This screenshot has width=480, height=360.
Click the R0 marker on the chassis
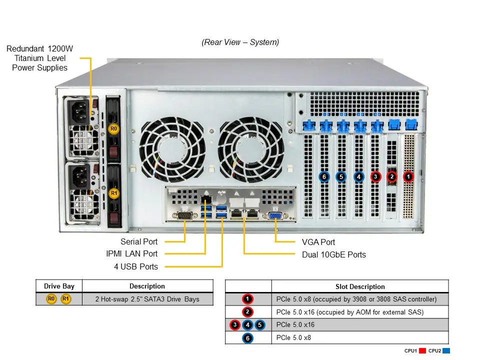tap(114, 129)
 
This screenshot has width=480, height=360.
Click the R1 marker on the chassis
tap(114, 192)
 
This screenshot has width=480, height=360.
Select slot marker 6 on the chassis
tap(324, 176)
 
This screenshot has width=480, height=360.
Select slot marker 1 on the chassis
tap(408, 176)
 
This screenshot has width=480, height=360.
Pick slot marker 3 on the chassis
tap(375, 176)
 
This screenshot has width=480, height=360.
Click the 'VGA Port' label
tap(318, 242)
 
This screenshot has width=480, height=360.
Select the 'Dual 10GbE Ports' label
tap(333, 255)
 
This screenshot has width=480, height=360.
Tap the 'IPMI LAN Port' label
tap(131, 254)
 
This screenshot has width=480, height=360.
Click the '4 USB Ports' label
tap(135, 267)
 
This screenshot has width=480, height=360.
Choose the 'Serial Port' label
tap(138, 242)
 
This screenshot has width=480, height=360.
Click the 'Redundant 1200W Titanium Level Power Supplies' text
tap(40, 58)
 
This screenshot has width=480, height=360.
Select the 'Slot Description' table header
tap(360, 286)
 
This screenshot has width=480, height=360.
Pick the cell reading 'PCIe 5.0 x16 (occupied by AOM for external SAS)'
tap(350, 312)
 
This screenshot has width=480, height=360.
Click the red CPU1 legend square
tap(422, 351)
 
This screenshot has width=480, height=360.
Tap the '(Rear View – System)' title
tap(240, 42)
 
